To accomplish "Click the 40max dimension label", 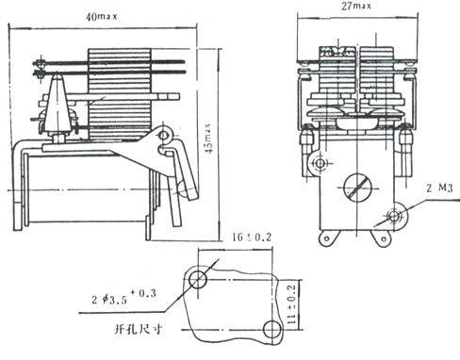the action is (x=102, y=16).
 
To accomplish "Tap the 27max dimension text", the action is (x=356, y=6).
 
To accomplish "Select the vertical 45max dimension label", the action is (x=207, y=139).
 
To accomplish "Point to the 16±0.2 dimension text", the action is (x=252, y=237).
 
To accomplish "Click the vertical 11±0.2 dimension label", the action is (x=291, y=304).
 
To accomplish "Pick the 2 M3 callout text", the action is (x=439, y=188).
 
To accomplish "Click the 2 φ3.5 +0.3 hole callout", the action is (x=123, y=297).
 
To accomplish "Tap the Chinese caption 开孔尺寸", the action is (x=139, y=330).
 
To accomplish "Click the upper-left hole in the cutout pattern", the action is (x=198, y=280).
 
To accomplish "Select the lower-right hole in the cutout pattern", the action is (x=272, y=330).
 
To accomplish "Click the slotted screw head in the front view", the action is (x=357, y=188).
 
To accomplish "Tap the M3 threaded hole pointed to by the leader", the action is (x=394, y=216).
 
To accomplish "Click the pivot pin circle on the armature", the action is (x=164, y=136).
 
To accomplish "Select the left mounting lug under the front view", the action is (x=327, y=238).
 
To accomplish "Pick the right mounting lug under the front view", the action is (x=383, y=238).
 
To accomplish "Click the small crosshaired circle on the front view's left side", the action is (x=320, y=163).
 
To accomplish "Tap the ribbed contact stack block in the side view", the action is (x=120, y=93).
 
